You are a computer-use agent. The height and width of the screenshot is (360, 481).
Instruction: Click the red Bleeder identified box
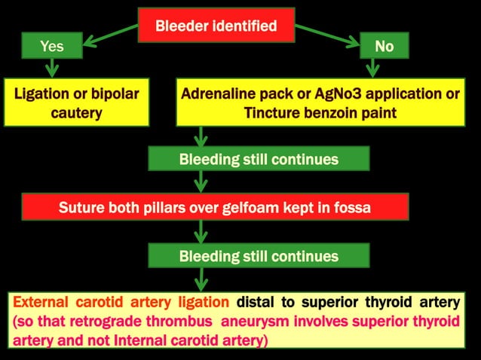click(216, 26)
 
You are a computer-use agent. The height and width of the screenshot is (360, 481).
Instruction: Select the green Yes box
click(52, 47)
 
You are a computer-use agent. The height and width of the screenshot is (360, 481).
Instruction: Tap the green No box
click(384, 47)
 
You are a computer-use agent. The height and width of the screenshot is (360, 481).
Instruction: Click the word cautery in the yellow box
click(76, 113)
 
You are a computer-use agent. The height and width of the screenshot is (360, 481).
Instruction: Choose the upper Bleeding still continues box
click(259, 160)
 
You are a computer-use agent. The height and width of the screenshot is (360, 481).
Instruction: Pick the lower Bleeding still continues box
click(259, 256)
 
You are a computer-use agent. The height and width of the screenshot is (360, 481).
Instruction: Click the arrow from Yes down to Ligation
click(52, 69)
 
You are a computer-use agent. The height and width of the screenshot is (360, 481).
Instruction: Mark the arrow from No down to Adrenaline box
click(372, 69)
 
